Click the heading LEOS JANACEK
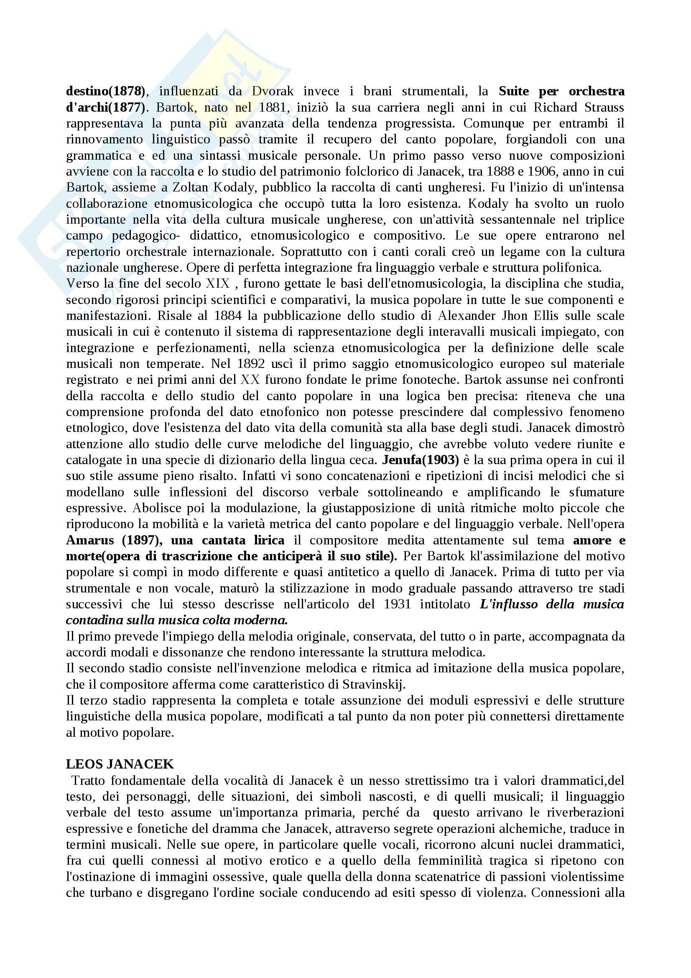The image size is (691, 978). point(120,764)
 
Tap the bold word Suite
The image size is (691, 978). point(513,91)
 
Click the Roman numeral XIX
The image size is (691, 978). point(217,283)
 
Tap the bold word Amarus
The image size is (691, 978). point(90,540)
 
